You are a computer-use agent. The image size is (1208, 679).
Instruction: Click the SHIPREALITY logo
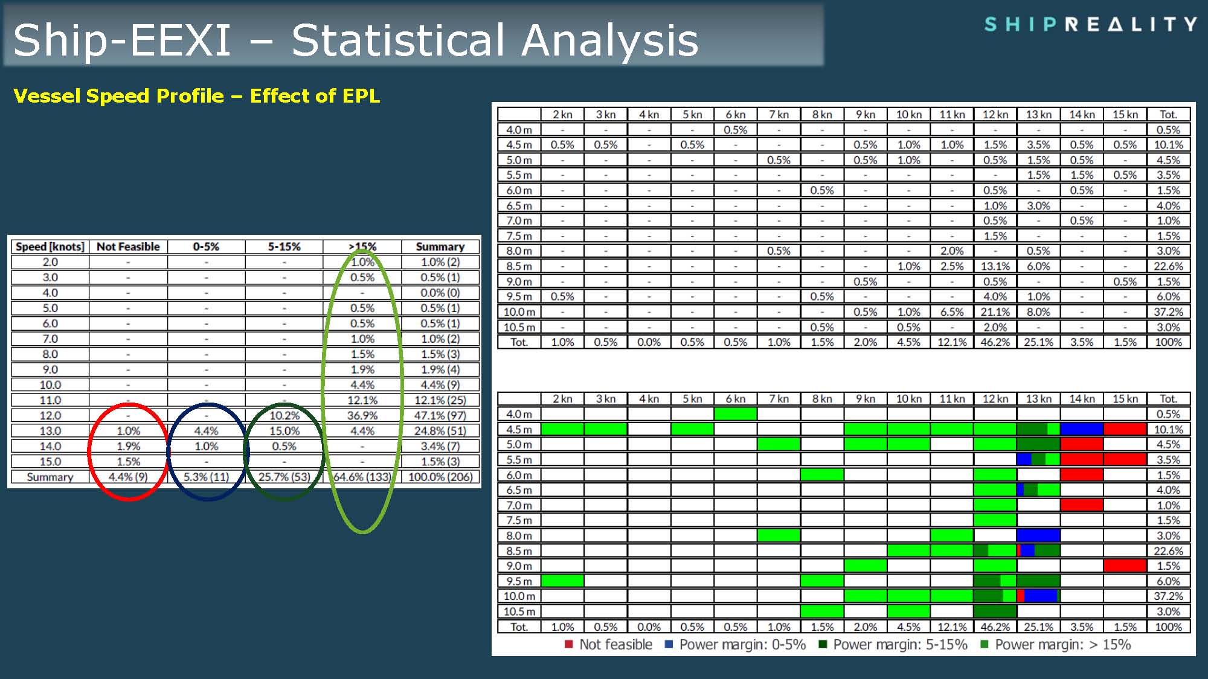[1090, 24]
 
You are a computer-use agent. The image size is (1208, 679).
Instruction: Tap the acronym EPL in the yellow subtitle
[360, 96]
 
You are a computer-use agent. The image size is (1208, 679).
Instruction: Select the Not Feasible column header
[128, 247]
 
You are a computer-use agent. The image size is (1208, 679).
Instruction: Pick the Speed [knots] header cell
[50, 247]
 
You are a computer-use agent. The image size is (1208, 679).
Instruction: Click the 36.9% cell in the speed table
[362, 416]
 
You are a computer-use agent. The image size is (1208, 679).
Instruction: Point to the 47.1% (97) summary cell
[440, 416]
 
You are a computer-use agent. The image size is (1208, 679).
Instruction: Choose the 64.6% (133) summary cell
[362, 477]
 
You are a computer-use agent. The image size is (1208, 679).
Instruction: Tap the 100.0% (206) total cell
[440, 477]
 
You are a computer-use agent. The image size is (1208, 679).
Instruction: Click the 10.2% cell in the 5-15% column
[284, 416]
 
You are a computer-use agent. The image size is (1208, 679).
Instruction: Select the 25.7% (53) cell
[284, 477]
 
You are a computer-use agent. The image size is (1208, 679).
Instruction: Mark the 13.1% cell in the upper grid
[995, 266]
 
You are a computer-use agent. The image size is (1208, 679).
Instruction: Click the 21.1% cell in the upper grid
[995, 312]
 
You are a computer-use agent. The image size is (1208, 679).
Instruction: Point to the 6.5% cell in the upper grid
[952, 312]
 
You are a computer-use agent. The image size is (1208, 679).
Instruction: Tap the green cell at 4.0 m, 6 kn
[735, 414]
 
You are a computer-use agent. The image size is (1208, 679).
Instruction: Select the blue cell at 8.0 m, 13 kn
[1038, 535]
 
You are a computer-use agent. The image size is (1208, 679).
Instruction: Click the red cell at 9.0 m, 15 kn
[1125, 566]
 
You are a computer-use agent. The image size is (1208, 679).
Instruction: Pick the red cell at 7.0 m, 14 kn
[1082, 505]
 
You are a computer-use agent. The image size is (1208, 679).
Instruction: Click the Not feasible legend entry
[608, 645]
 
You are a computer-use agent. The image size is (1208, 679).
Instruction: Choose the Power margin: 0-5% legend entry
[735, 645]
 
